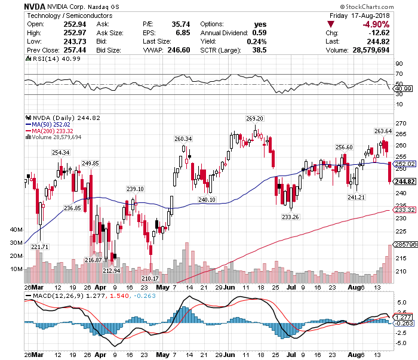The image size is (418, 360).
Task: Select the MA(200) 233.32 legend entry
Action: click(x=56, y=131)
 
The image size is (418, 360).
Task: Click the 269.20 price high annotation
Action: click(x=255, y=118)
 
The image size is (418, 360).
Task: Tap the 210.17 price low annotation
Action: click(x=150, y=278)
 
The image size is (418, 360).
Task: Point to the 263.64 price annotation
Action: click(x=383, y=131)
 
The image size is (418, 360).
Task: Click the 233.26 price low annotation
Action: click(x=290, y=217)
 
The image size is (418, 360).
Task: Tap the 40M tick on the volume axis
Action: click(x=17, y=229)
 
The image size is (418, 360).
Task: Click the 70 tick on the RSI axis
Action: click(x=398, y=74)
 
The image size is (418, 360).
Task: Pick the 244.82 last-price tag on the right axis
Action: click(x=405, y=181)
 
